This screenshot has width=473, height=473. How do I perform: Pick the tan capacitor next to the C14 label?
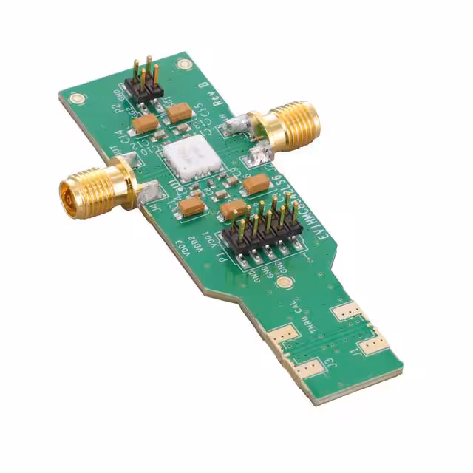click(145, 122)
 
